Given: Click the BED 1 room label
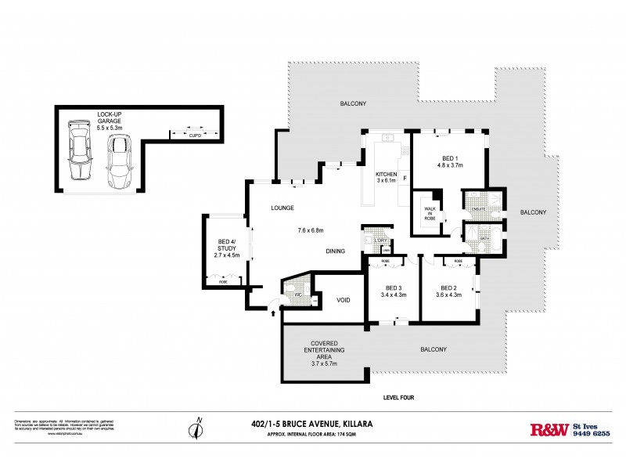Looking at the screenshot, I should tap(449, 157).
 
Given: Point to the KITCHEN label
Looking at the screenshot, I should tap(387, 174).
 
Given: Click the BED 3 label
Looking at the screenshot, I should tap(390, 287).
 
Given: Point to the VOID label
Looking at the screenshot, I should tap(342, 299).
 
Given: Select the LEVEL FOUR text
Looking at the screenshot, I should tap(398, 397).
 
